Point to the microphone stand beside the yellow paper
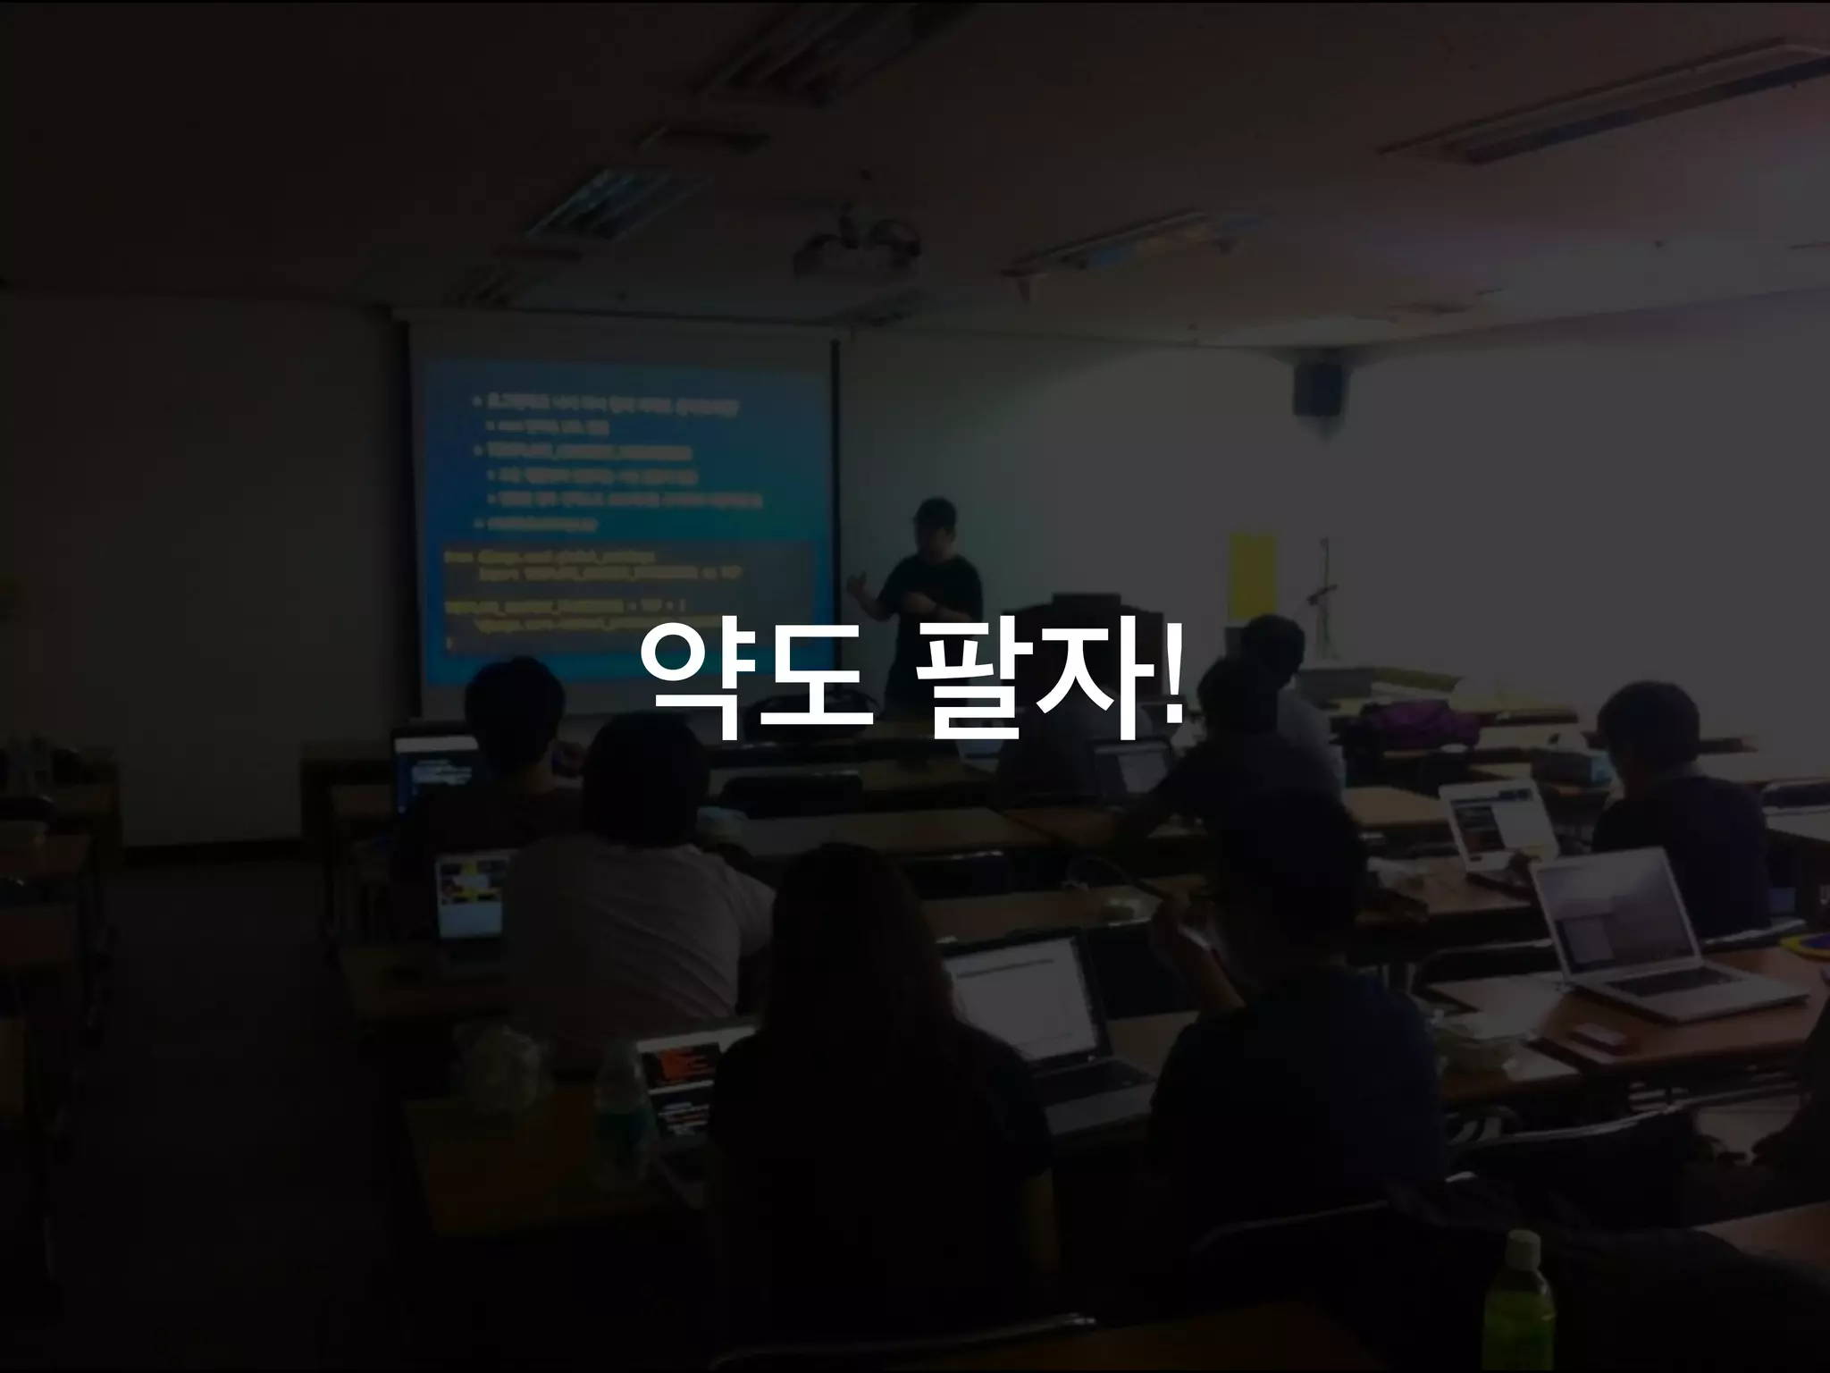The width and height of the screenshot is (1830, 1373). pos(1323,590)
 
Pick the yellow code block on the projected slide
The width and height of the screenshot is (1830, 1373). pos(625,594)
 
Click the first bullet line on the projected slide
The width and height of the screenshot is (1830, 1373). pos(608,403)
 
